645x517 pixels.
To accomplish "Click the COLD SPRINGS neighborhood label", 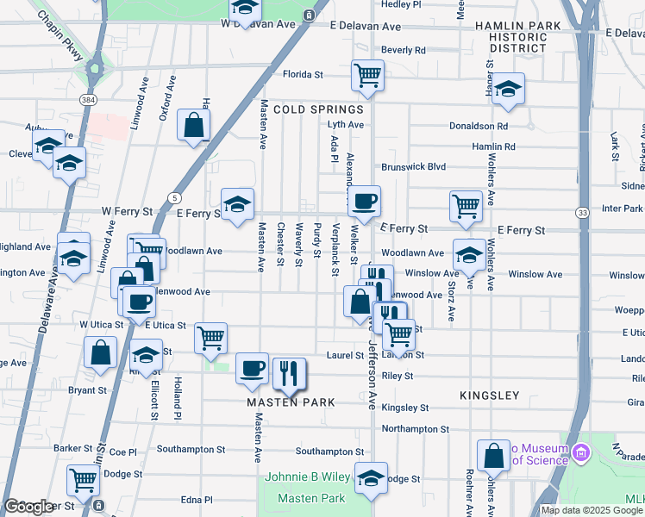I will [319, 109].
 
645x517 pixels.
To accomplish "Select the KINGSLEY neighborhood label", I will [489, 396].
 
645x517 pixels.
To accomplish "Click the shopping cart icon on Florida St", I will [367, 76].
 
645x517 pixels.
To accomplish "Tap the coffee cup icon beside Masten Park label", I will [252, 368].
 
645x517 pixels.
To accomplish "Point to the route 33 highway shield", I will [583, 212].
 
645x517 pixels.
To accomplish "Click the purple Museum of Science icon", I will [581, 452].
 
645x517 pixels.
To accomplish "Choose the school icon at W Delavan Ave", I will [246, 9].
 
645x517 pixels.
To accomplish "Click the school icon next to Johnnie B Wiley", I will [372, 479].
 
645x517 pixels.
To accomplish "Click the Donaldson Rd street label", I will [479, 126].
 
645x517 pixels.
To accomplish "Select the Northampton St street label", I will [415, 428].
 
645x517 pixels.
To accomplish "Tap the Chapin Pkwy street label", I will [61, 33].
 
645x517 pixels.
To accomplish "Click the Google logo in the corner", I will [28, 507].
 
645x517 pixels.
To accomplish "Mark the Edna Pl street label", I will [196, 499].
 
